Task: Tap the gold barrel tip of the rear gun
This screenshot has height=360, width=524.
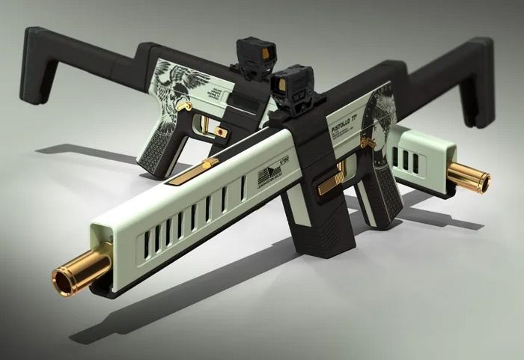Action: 471,180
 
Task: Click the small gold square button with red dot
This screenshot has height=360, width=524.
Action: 220,132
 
